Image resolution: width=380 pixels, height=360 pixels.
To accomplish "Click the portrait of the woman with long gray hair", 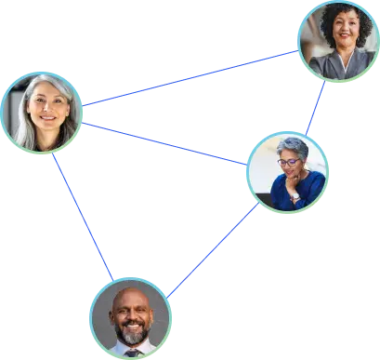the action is (41, 113).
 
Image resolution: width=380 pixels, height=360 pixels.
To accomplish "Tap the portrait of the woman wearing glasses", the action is (288, 172).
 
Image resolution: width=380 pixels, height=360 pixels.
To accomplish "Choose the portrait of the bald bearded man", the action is (131, 318).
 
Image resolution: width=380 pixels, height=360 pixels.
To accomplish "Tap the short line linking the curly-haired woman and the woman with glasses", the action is (315, 108).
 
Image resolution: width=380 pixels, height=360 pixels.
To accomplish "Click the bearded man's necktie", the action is (132, 353).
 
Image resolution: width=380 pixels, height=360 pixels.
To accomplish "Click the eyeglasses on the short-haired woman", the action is (289, 162).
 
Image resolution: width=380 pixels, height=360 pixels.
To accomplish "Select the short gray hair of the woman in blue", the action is (294, 145).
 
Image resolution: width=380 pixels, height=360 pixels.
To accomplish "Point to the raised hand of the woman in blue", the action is (295, 194).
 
